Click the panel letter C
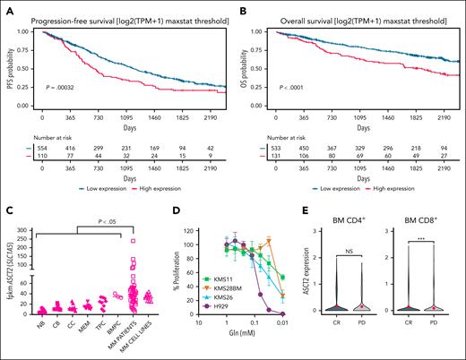(x=6, y=202)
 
